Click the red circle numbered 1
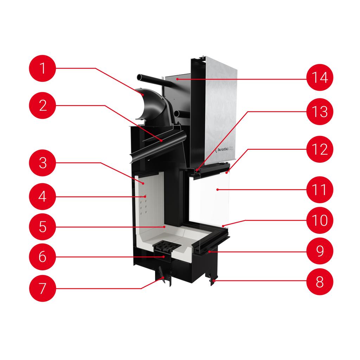coord(43,68)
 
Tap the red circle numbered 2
coord(43,105)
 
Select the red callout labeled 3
coord(43,163)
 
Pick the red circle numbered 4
coord(43,196)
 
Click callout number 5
coord(43,227)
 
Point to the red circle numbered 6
coord(43,257)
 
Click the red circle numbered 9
coord(319,251)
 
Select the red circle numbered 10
coord(319,220)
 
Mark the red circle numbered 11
coord(319,190)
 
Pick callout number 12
coord(319,149)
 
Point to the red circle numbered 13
coord(319,112)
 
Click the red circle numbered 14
coord(319,77)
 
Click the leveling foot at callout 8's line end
coord(212,281)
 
